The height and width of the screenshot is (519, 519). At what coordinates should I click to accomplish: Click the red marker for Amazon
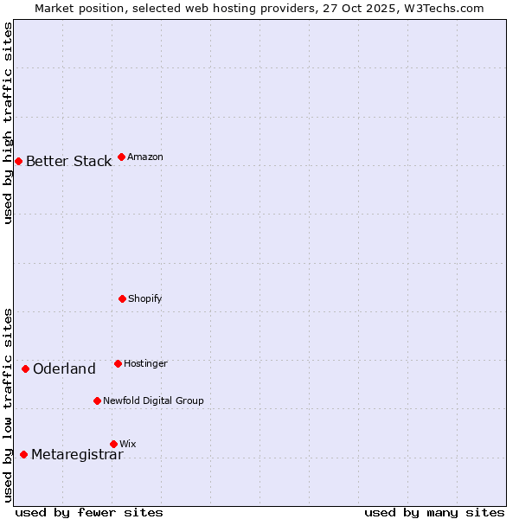pyautogui.click(x=121, y=157)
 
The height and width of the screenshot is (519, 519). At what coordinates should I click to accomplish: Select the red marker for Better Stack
pyautogui.click(x=18, y=161)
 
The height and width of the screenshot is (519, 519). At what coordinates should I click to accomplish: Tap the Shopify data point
pyautogui.click(x=122, y=298)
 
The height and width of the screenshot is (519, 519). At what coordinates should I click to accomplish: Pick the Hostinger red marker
pyautogui.click(x=118, y=363)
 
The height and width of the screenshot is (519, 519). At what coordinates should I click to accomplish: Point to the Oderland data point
pyautogui.click(x=25, y=368)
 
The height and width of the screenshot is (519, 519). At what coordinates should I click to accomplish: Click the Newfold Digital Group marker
pyautogui.click(x=97, y=400)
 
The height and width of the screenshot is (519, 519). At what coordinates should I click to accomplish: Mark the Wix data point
pyautogui.click(x=113, y=444)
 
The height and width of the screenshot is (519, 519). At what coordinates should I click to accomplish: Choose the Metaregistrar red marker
pyautogui.click(x=23, y=454)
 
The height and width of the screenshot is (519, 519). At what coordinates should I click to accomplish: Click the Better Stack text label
pyautogui.click(x=68, y=161)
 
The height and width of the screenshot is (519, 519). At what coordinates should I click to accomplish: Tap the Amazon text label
pyautogui.click(x=145, y=157)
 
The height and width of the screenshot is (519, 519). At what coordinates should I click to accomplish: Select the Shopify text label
pyautogui.click(x=145, y=298)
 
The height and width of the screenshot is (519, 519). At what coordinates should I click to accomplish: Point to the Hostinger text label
pyautogui.click(x=145, y=363)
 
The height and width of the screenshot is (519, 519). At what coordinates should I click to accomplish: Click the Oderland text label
pyautogui.click(x=64, y=369)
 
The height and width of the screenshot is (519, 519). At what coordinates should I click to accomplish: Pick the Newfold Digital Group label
pyautogui.click(x=153, y=400)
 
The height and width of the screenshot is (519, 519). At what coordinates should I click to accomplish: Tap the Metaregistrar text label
pyautogui.click(x=77, y=455)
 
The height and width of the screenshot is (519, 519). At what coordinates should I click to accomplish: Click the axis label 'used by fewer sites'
pyautogui.click(x=89, y=512)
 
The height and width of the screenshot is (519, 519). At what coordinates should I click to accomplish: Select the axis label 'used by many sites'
pyautogui.click(x=434, y=512)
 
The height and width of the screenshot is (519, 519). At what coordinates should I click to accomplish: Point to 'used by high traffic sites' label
pyautogui.click(x=9, y=123)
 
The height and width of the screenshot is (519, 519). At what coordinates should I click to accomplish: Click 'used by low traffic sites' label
pyautogui.click(x=9, y=405)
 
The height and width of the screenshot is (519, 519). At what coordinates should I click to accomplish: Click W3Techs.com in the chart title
pyautogui.click(x=441, y=8)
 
